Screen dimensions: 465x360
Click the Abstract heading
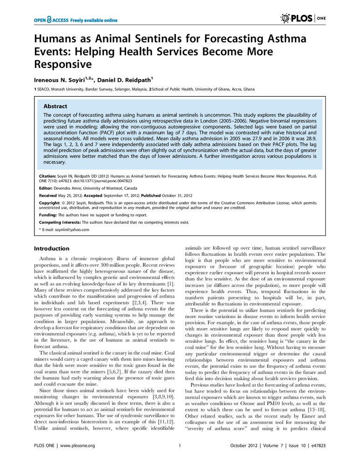tap(55, 106)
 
